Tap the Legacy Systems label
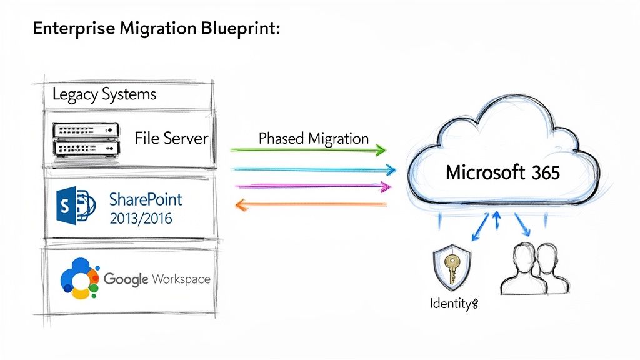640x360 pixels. (x=104, y=94)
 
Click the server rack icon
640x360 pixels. (x=84, y=139)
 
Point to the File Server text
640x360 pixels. (x=171, y=138)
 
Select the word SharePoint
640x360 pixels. (x=146, y=199)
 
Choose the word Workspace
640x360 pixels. (x=181, y=279)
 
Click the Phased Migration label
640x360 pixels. (x=313, y=138)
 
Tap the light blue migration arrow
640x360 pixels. (x=312, y=169)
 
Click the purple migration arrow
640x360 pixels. (x=311, y=186)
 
